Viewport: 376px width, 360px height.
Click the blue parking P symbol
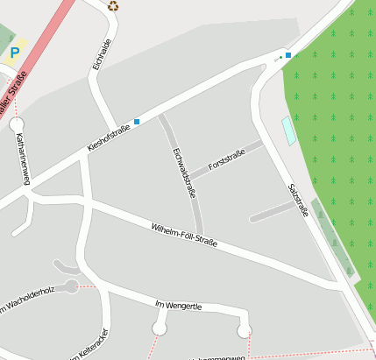[x=14, y=53]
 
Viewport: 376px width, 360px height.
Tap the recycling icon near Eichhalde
[x=113, y=6]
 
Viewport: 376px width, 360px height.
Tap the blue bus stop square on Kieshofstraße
[x=137, y=122]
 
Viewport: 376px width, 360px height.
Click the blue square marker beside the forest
[x=287, y=55]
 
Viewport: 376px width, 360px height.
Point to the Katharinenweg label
[x=22, y=159]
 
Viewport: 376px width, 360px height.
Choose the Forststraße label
[x=226, y=159]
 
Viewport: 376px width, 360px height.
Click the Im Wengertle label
[x=178, y=305]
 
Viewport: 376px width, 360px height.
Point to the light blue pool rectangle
[x=288, y=131]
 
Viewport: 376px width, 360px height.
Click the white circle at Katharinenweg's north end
[x=18, y=124]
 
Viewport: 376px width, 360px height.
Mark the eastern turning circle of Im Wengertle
[x=245, y=329]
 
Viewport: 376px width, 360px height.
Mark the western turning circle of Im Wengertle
[x=160, y=328]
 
